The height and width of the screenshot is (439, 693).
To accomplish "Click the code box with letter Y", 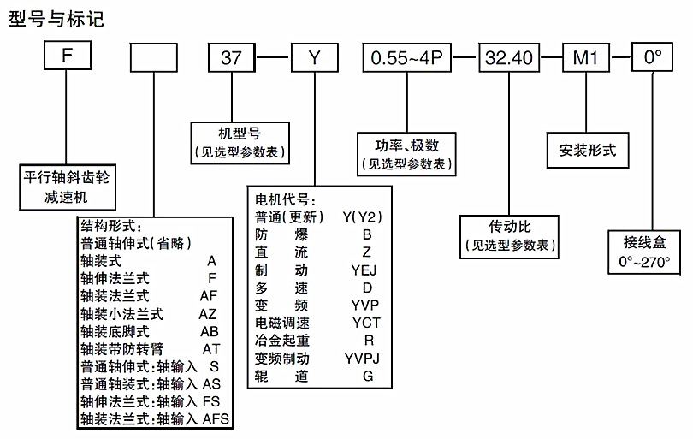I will point(314,57).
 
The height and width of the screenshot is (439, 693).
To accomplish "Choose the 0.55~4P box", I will point(407,57).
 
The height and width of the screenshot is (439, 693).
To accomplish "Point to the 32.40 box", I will point(509,57).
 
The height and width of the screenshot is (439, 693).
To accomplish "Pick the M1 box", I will point(584,57).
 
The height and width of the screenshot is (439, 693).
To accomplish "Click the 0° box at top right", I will point(653,57).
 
